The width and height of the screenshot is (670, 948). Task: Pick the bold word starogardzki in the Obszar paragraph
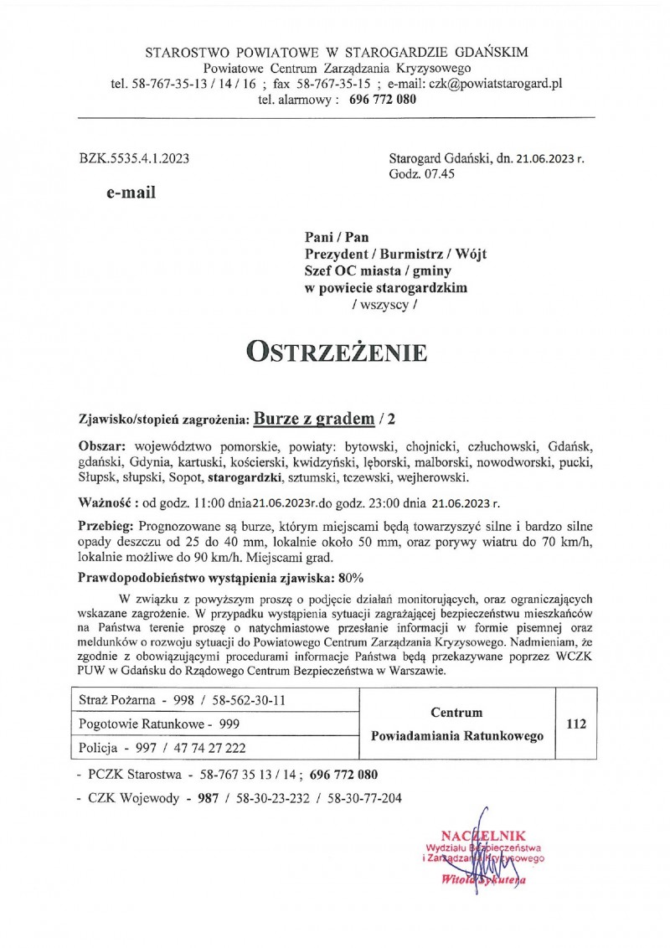tap(244, 477)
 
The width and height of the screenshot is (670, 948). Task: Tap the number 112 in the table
tap(575, 723)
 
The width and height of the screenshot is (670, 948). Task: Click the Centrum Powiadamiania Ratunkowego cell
tap(456, 724)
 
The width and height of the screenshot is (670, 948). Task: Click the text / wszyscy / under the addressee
tap(383, 306)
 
